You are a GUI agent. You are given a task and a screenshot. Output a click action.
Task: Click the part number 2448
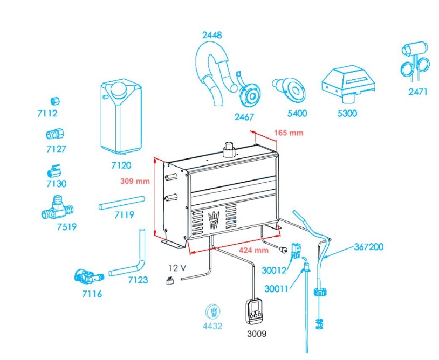coord(212,35)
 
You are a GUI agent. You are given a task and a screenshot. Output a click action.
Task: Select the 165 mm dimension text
coord(289,133)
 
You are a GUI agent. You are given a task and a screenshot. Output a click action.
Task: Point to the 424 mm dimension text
coord(253,250)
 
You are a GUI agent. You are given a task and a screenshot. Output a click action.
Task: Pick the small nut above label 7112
coord(54,101)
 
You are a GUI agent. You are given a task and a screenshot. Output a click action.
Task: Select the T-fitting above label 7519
coord(57,208)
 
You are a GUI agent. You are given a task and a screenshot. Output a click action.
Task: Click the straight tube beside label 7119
coord(122,202)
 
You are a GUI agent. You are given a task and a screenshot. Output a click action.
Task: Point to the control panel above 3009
coord(252,311)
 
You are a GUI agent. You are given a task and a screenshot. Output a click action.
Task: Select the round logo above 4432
coord(214,312)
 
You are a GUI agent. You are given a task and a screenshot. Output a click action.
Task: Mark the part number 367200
coord(369,247)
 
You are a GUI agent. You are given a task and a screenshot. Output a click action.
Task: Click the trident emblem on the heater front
coord(215,219)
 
